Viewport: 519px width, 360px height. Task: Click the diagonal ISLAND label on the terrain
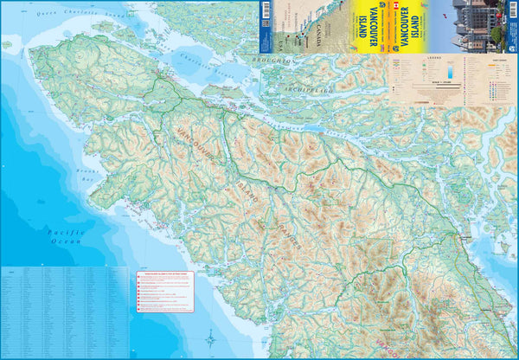[x=246, y=192]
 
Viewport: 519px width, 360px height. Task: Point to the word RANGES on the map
[x=290, y=235]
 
